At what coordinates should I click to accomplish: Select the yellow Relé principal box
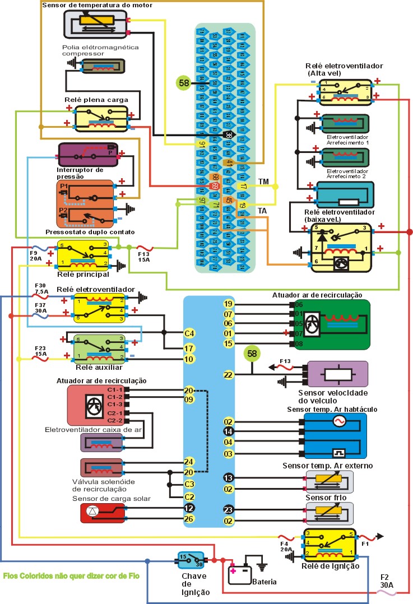pos(85,254)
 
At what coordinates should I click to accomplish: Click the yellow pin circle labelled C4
pos(189,334)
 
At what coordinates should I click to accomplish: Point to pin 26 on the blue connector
pos(189,519)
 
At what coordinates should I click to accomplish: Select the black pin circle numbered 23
pos(228,510)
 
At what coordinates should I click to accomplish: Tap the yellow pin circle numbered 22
pos(228,375)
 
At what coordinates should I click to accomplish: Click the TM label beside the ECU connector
pos(263,183)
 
